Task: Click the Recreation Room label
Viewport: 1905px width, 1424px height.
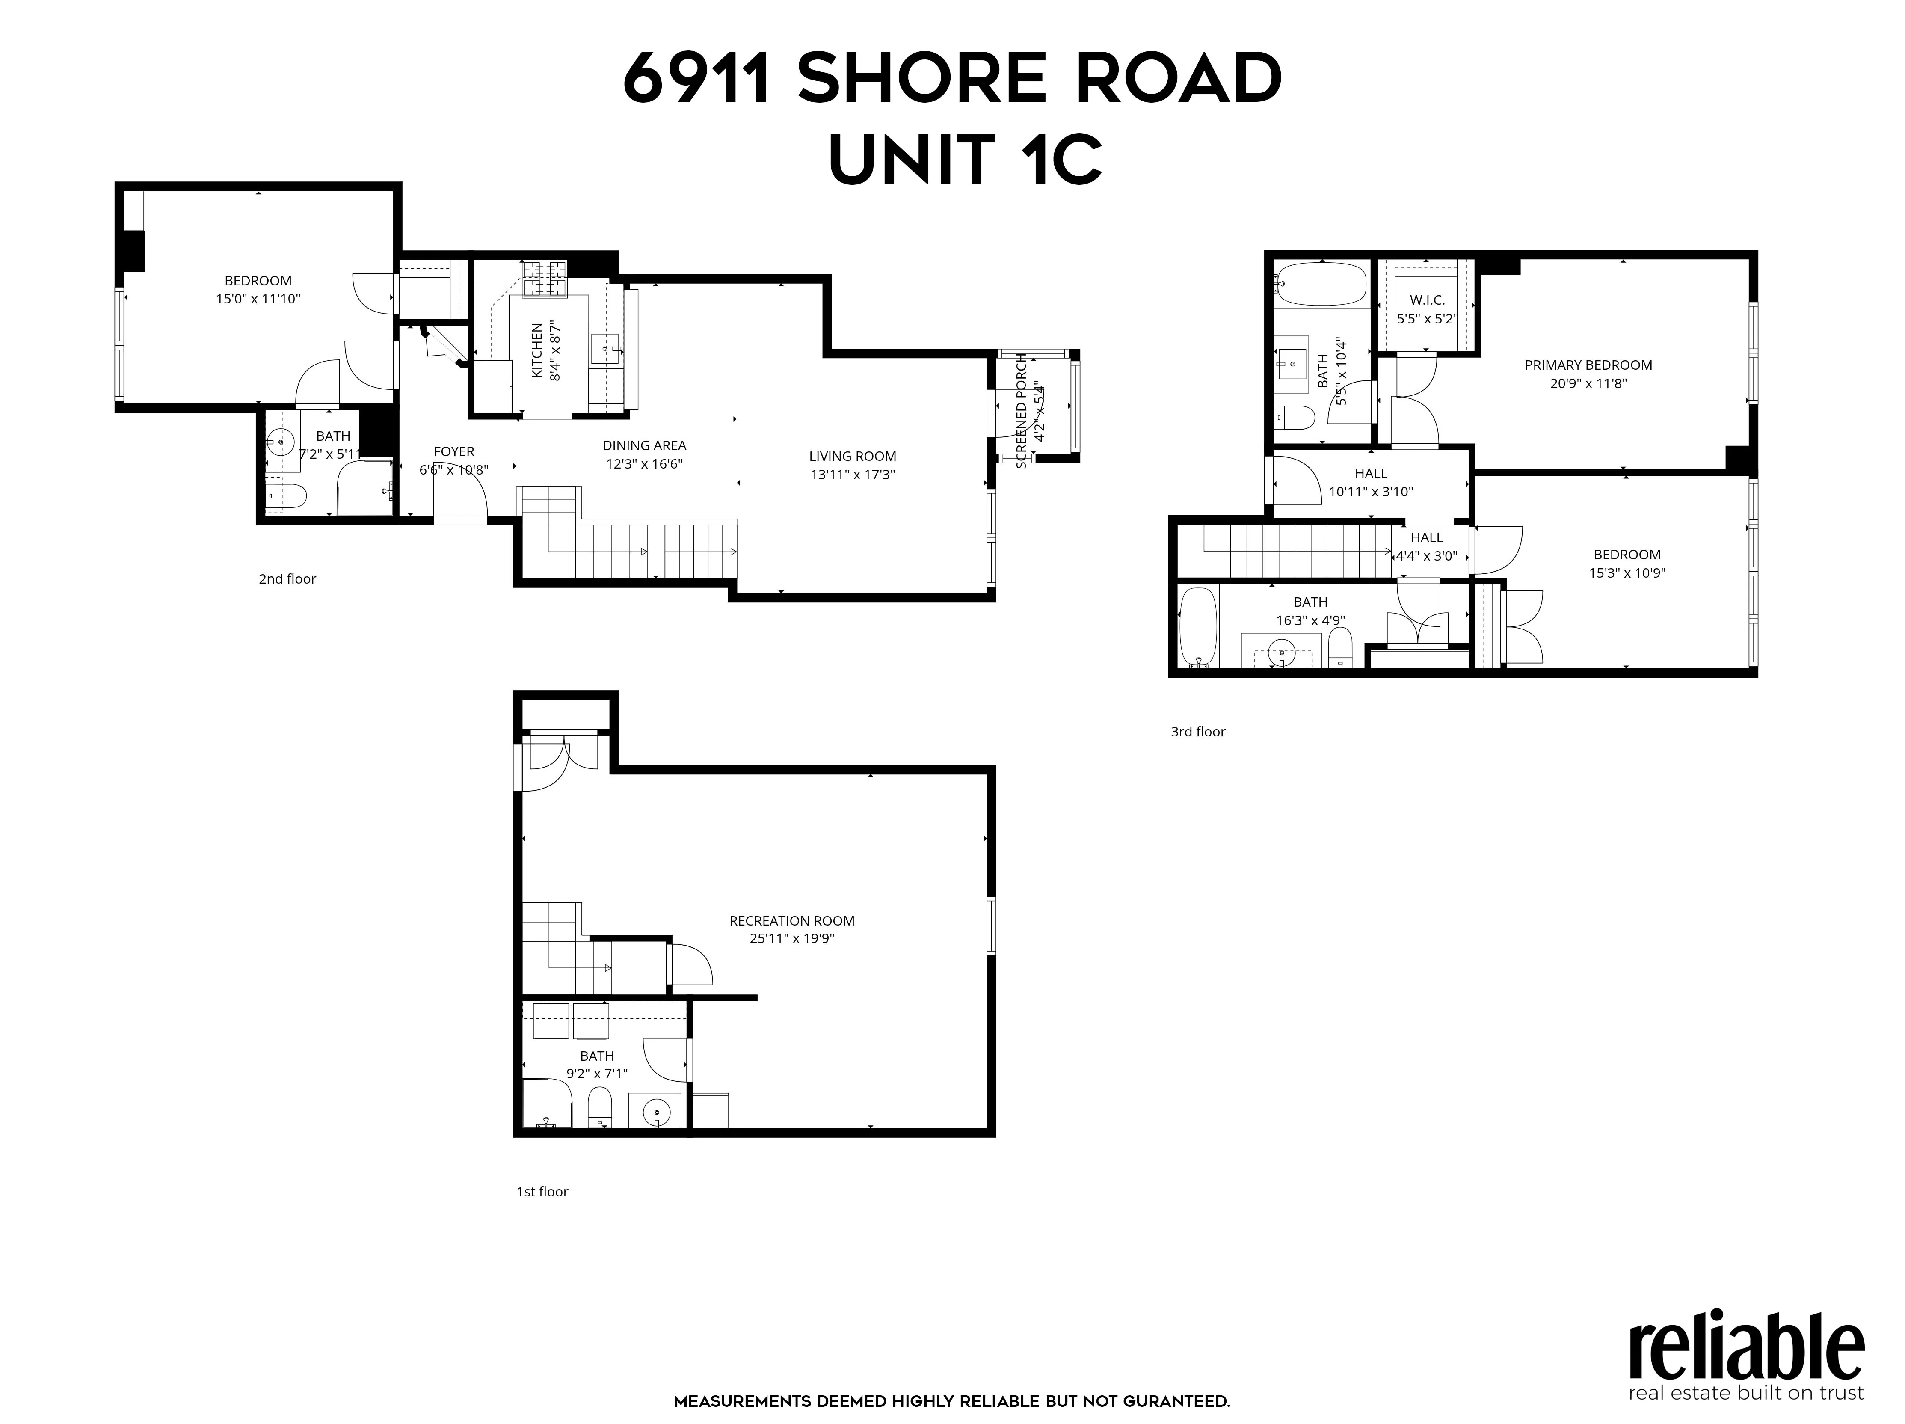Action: (x=791, y=921)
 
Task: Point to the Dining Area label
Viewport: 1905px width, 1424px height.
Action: (x=644, y=445)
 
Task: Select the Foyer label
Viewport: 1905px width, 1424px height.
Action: (x=454, y=451)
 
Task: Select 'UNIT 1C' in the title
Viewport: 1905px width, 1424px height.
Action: (x=965, y=160)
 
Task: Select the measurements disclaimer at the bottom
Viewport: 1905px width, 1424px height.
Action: (x=951, y=1402)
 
